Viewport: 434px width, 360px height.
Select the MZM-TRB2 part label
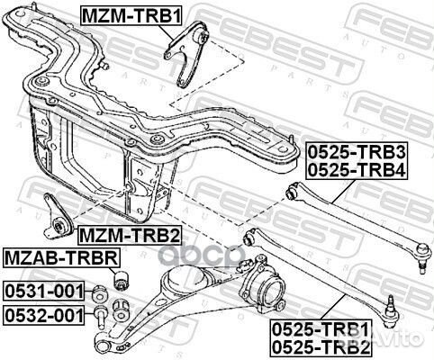(128, 236)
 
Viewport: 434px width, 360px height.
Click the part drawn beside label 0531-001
(101, 291)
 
